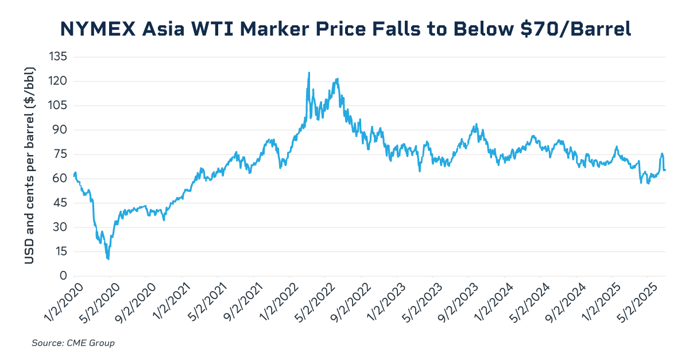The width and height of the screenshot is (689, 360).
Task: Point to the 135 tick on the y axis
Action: [x=59, y=57]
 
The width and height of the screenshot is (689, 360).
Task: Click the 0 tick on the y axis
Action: [x=64, y=276]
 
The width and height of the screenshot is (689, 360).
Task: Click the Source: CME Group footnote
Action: [x=73, y=343]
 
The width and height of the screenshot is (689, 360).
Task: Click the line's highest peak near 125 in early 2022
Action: [x=309, y=73]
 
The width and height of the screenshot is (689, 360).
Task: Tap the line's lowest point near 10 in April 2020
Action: [x=108, y=259]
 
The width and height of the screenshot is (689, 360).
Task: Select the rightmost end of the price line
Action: [x=665, y=170]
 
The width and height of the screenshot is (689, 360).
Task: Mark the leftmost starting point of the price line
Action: [x=73, y=175]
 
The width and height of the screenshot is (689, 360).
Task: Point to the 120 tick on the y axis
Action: [x=59, y=81]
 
